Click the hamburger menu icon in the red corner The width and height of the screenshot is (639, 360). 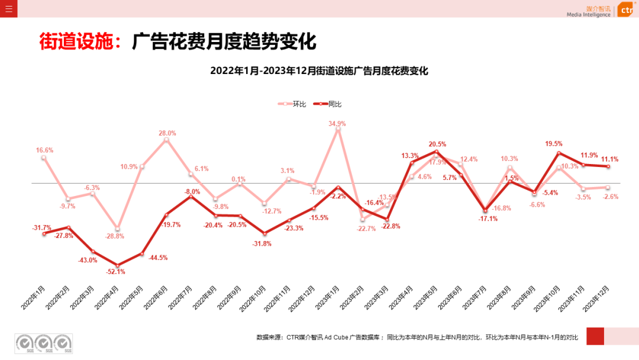(x=8, y=9)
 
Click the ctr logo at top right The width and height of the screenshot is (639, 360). (x=625, y=10)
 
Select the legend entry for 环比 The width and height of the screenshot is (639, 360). (x=292, y=104)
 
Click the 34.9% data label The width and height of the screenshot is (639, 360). (x=337, y=124)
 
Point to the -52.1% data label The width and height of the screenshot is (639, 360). (x=116, y=272)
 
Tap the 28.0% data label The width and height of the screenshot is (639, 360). (x=167, y=133)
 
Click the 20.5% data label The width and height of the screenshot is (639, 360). (x=437, y=144)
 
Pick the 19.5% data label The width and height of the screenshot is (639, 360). (x=554, y=144)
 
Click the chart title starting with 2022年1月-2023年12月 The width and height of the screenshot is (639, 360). (x=319, y=71)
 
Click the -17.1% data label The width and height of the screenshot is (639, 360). (x=488, y=218)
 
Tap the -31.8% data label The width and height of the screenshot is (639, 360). (x=262, y=243)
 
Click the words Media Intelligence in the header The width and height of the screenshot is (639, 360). (x=588, y=15)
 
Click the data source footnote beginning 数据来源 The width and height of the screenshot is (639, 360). (x=417, y=337)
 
